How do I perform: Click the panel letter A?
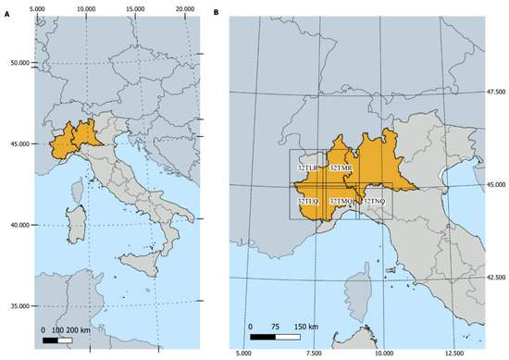[x=6, y=14]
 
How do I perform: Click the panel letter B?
[x=217, y=14]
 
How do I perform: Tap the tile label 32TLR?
[x=307, y=168]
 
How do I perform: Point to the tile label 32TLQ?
[x=308, y=201]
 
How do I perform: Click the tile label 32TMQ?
[x=341, y=201]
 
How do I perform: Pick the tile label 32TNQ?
[x=373, y=201]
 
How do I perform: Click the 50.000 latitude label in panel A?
[x=16, y=63]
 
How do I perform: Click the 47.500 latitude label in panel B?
[x=497, y=92]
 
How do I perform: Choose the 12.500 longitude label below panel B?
[x=453, y=353]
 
